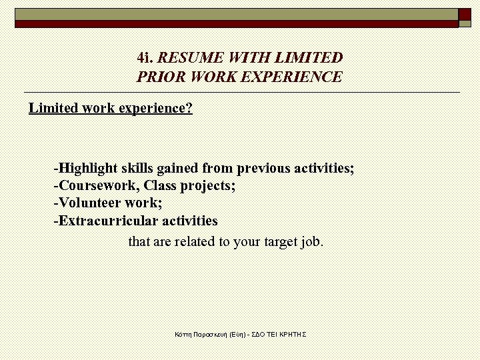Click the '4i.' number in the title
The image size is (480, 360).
click(x=145, y=58)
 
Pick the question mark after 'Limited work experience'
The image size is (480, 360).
click(x=189, y=108)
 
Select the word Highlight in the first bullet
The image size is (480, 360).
click(x=88, y=168)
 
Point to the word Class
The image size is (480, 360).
click(x=159, y=185)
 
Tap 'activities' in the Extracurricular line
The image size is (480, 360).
click(x=190, y=221)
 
